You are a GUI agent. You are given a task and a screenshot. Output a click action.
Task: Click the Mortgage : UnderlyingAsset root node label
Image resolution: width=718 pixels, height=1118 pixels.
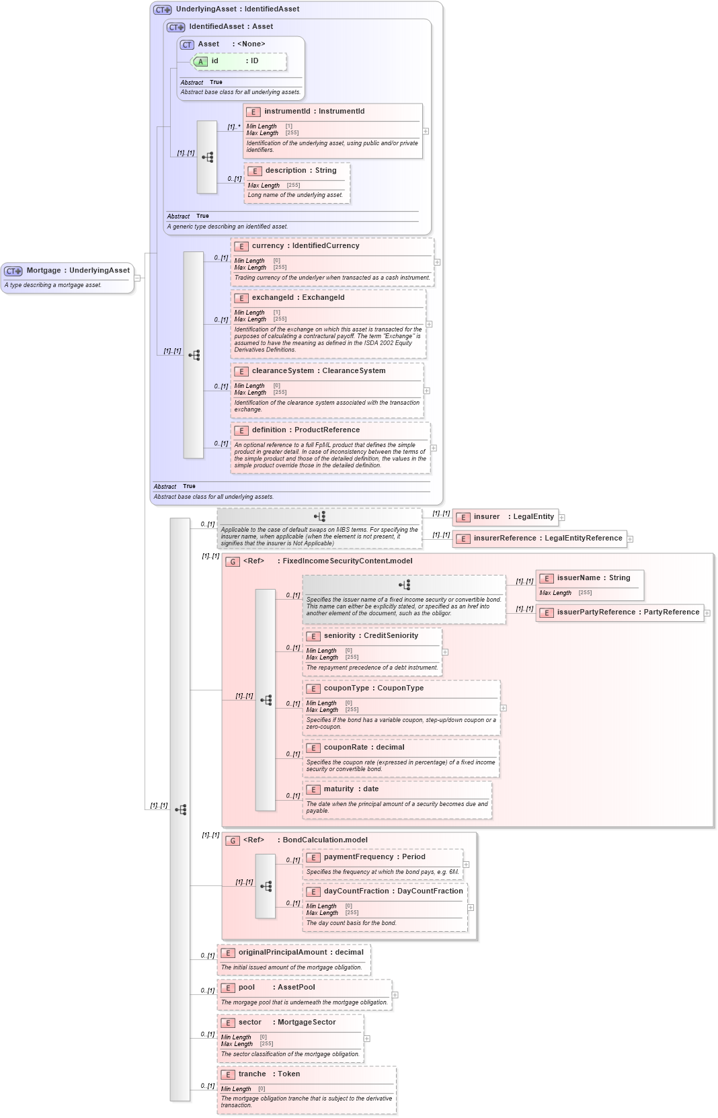click(x=77, y=270)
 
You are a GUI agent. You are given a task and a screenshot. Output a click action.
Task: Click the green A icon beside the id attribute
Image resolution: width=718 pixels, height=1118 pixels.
click(x=200, y=61)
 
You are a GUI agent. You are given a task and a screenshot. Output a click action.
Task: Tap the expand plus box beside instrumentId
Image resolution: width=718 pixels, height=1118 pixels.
click(x=426, y=131)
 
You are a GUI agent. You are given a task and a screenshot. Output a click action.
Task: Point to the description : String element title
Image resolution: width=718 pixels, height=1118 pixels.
click(x=301, y=171)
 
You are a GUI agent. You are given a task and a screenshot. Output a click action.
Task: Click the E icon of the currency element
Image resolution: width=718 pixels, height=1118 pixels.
click(x=241, y=246)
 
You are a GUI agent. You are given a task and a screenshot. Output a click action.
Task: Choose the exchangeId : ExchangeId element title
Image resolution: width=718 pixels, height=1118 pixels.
click(x=298, y=298)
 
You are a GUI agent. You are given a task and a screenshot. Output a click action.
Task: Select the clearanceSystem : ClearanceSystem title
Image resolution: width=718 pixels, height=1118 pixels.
click(x=318, y=371)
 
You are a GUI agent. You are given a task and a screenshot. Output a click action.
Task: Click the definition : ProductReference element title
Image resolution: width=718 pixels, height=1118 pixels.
click(x=305, y=430)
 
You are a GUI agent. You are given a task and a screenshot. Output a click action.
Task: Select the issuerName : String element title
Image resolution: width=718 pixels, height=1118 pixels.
click(x=593, y=578)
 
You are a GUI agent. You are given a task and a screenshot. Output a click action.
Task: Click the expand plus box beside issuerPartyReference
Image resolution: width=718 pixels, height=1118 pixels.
click(x=707, y=612)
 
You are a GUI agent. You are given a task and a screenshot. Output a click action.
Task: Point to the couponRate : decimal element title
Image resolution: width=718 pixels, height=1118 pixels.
click(x=364, y=748)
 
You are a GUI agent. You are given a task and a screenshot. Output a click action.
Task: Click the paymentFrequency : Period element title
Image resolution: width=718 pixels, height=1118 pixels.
click(x=374, y=857)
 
